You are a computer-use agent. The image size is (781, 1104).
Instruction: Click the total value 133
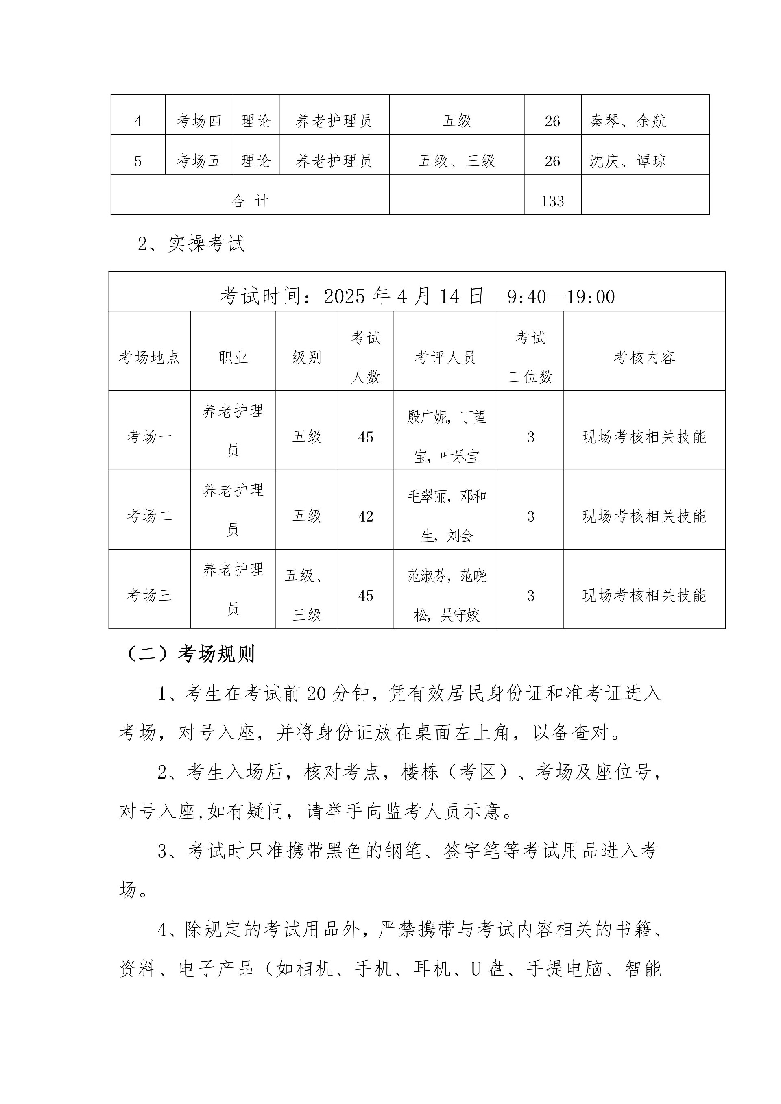pos(552,200)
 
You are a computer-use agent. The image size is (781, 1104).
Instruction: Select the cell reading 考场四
pos(199,121)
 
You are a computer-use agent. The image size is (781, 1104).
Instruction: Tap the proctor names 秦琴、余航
pos(628,121)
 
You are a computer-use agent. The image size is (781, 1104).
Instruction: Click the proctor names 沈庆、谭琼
pos(628,161)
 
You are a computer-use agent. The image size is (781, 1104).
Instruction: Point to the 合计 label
pos(250,200)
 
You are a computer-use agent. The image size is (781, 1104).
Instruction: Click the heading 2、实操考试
pos(192,244)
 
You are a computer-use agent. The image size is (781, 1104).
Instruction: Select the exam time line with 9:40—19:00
pos(417,296)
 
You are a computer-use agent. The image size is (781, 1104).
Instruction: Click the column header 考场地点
pos(149,357)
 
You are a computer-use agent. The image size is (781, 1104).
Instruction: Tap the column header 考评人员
pos(445,357)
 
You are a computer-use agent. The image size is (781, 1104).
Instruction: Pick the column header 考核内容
pos(644,357)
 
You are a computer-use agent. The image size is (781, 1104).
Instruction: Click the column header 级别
pos(306,357)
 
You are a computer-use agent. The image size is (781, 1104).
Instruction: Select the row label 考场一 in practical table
pos(149,437)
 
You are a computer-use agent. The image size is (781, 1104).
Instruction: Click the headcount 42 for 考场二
pos(366,516)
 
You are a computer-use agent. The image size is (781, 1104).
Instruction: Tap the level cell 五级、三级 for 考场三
pos(306,595)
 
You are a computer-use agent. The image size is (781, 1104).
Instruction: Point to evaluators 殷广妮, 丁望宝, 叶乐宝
pos(446,437)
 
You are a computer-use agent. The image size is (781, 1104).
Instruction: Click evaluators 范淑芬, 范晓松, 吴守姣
pos(446,595)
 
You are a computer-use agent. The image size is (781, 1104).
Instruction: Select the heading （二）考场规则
pos(190,654)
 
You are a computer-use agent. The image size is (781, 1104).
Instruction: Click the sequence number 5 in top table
pos(138,161)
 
